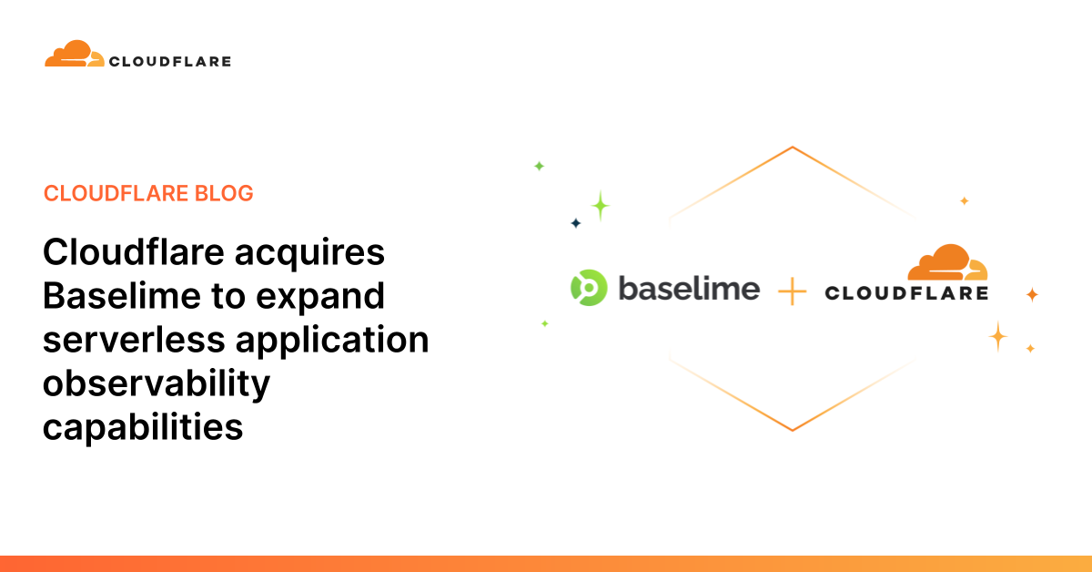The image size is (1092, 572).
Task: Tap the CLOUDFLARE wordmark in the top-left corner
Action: pos(169,62)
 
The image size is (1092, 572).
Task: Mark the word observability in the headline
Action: pos(157,383)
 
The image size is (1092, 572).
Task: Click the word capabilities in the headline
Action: pos(143,425)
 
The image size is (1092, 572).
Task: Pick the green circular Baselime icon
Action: pos(588,288)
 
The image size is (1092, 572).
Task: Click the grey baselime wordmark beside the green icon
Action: pos(689,288)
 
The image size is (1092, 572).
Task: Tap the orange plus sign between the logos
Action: pos(793,291)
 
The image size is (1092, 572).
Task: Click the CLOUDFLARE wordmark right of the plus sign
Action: pos(906,293)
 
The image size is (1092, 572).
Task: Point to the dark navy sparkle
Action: pos(575,223)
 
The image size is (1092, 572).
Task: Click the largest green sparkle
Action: pos(600,205)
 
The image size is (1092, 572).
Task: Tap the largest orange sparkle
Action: pos(998,337)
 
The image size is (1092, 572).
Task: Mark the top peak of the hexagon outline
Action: pos(793,148)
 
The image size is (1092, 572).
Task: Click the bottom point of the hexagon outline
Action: pos(793,429)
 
